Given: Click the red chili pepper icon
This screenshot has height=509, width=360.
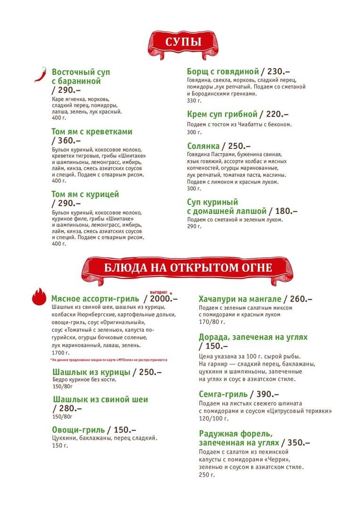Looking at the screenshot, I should pyautogui.click(x=41, y=74).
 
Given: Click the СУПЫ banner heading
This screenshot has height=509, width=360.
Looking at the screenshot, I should pyautogui.click(x=184, y=42).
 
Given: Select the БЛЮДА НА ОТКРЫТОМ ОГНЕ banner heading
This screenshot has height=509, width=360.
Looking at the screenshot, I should pyautogui.click(x=188, y=268).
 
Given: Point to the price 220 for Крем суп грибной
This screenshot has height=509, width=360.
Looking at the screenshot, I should pyautogui.click(x=275, y=115).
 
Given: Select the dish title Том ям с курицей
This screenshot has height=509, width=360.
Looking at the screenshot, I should pyautogui.click(x=85, y=194).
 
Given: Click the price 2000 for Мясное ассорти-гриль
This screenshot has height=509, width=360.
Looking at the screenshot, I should pyautogui.click(x=163, y=299).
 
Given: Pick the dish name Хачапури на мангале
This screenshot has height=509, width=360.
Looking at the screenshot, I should pyautogui.click(x=240, y=299).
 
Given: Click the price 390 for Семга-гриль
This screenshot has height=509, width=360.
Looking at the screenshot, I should pyautogui.click(x=267, y=394).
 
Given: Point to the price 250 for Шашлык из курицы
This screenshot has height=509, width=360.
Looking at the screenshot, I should pyautogui.click(x=150, y=372).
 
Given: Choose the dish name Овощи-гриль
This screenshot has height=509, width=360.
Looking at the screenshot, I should pyautogui.click(x=78, y=429).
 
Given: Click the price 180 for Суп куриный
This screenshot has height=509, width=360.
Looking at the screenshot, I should pyautogui.click(x=286, y=211).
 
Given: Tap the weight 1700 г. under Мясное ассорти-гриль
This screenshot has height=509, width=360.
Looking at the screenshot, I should pyautogui.click(x=60, y=353).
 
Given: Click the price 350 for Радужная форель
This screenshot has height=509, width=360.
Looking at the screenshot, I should pyautogui.click(x=298, y=443).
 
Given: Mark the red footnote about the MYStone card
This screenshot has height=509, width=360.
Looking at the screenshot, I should pyautogui.click(x=108, y=360).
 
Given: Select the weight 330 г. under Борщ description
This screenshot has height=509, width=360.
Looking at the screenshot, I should pyautogui.click(x=194, y=101).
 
